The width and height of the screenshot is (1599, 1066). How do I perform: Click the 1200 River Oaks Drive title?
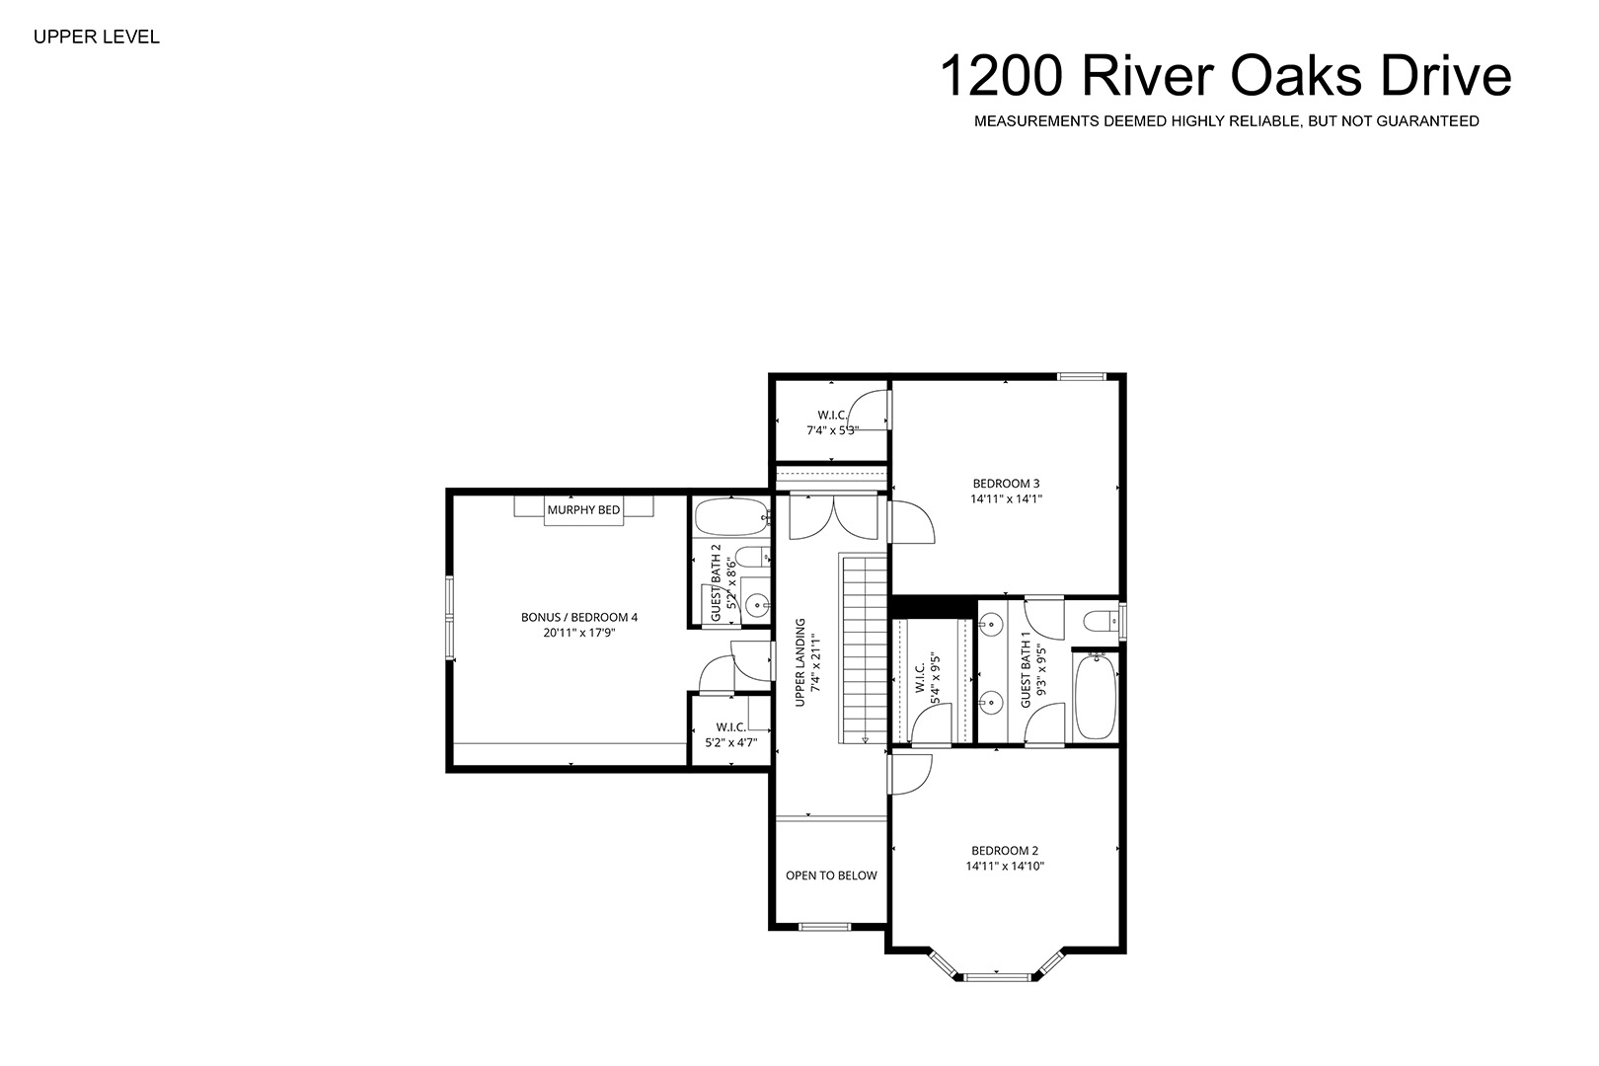pos(1226,76)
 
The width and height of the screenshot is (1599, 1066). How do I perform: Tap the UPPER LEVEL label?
pos(97,38)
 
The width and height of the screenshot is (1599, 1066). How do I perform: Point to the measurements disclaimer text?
pos(1226,121)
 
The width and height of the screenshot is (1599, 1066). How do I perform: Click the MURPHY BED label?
pos(583,509)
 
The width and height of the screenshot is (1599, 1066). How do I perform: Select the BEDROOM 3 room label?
pos(1006,484)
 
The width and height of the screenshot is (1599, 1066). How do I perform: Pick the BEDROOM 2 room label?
pos(1005,851)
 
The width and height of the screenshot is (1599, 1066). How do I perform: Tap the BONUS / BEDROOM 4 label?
pos(579,617)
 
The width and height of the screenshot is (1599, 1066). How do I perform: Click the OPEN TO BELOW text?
pos(831,876)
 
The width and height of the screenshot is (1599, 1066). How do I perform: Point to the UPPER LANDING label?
pos(800,662)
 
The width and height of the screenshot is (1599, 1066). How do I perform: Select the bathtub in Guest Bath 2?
pos(731,518)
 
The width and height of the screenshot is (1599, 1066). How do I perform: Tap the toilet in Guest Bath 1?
pos(1102,621)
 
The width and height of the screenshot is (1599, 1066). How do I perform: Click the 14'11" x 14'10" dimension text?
pos(1005,866)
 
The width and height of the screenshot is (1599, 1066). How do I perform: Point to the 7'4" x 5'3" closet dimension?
pos(832,429)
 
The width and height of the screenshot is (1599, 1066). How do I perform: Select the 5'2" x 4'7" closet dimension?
pos(731,742)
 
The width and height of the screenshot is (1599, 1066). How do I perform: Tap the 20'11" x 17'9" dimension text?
pos(579,633)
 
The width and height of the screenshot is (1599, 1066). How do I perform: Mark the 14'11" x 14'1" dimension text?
pos(1006,499)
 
